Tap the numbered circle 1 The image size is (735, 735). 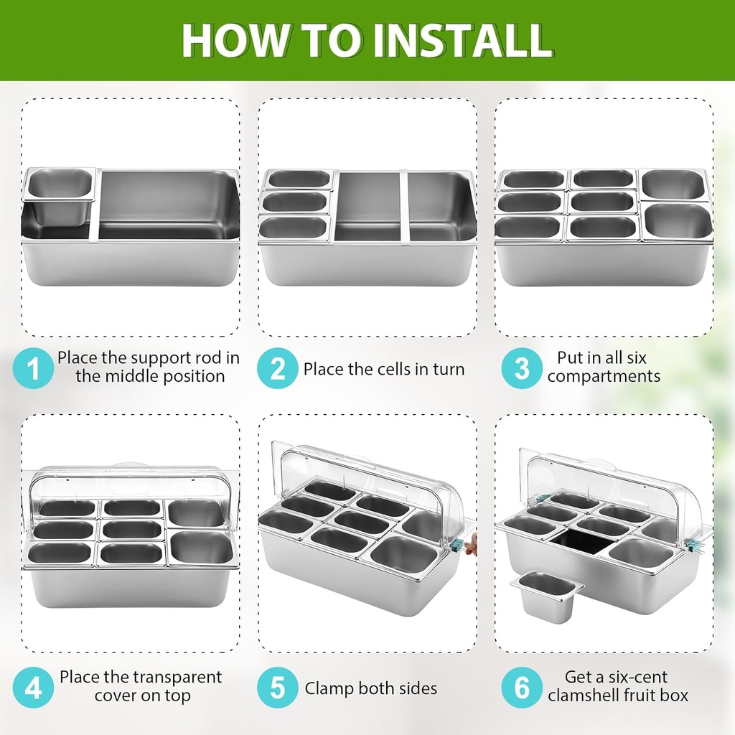[34, 368]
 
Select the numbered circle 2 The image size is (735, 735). [278, 369]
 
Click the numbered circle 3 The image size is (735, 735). [522, 368]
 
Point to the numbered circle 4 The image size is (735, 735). [34, 688]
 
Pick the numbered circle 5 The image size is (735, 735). [278, 688]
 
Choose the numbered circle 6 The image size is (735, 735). [522, 688]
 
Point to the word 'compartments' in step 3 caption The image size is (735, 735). [604, 376]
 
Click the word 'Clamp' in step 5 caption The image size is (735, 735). [329, 688]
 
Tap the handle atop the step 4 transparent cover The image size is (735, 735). [129, 466]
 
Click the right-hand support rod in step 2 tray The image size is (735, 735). [408, 207]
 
